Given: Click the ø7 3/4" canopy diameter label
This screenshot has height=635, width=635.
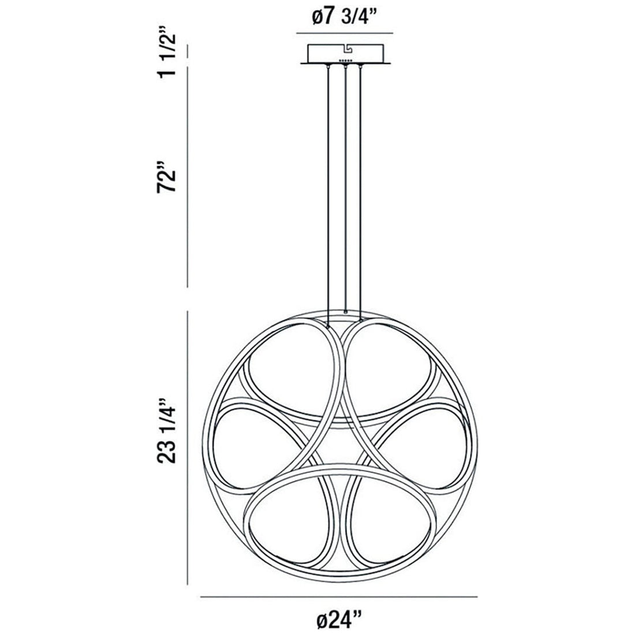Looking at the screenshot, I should coord(344,17).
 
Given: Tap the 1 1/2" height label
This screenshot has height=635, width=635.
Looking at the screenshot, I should coord(168,52).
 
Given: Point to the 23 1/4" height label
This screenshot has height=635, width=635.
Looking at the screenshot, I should coord(168,431).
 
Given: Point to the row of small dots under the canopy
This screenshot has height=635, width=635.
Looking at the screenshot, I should coord(345,61).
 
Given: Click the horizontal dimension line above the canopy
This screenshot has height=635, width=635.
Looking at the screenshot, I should coord(344,32).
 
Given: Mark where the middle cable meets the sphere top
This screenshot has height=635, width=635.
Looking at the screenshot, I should coord(345,312).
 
